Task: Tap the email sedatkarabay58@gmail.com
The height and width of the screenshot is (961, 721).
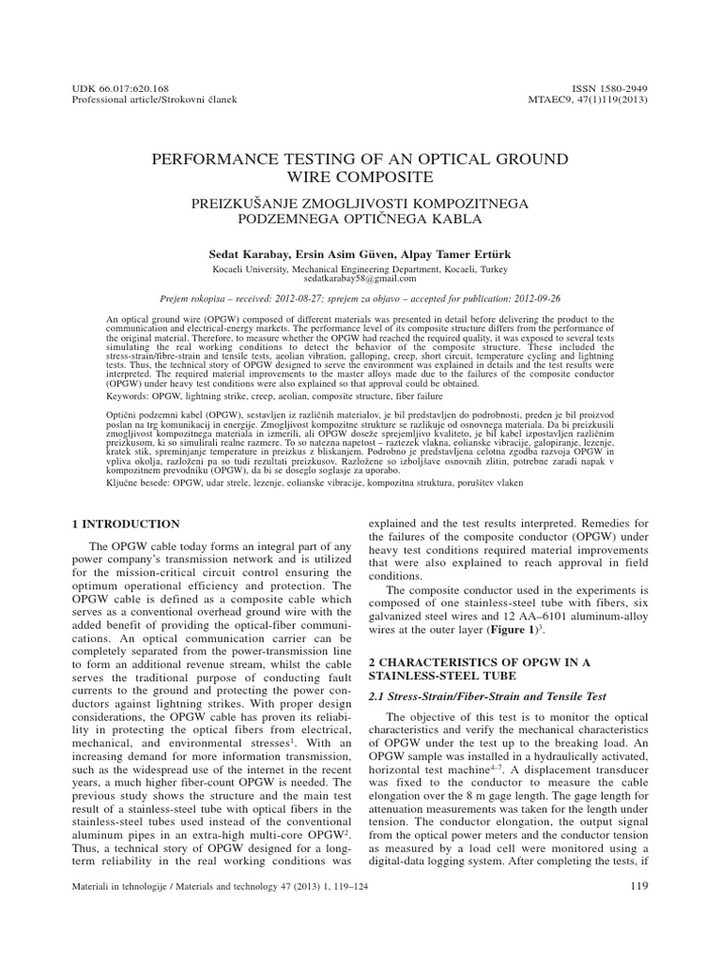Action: pos(360,279)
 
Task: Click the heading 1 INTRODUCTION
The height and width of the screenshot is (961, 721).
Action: pos(126,523)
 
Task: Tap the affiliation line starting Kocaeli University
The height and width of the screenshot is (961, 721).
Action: pos(360,267)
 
